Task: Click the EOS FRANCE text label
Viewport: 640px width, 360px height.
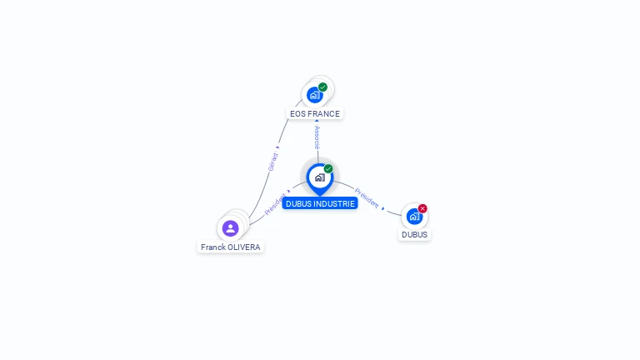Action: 315,113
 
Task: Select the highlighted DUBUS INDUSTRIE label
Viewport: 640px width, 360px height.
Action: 320,203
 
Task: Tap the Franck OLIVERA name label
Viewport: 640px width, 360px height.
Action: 230,247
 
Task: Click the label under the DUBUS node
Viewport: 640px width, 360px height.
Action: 414,235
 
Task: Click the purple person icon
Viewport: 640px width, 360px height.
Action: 231,227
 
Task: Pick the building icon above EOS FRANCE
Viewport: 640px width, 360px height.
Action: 314,95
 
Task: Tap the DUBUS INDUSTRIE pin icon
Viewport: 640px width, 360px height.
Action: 319,177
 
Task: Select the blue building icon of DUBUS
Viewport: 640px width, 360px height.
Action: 413,217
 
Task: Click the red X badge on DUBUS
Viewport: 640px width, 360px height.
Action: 422,208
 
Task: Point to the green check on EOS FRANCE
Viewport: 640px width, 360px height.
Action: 322,87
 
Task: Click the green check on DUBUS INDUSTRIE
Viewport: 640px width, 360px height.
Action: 328,168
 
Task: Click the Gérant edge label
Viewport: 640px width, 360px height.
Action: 272,162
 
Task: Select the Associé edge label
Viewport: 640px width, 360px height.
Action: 317,137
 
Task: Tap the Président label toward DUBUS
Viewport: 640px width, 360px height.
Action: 367,197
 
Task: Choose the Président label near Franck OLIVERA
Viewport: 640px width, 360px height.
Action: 275,205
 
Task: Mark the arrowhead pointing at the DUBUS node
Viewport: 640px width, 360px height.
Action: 383,208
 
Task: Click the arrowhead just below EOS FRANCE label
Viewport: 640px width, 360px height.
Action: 317,121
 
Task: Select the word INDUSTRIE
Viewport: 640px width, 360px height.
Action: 336,203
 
